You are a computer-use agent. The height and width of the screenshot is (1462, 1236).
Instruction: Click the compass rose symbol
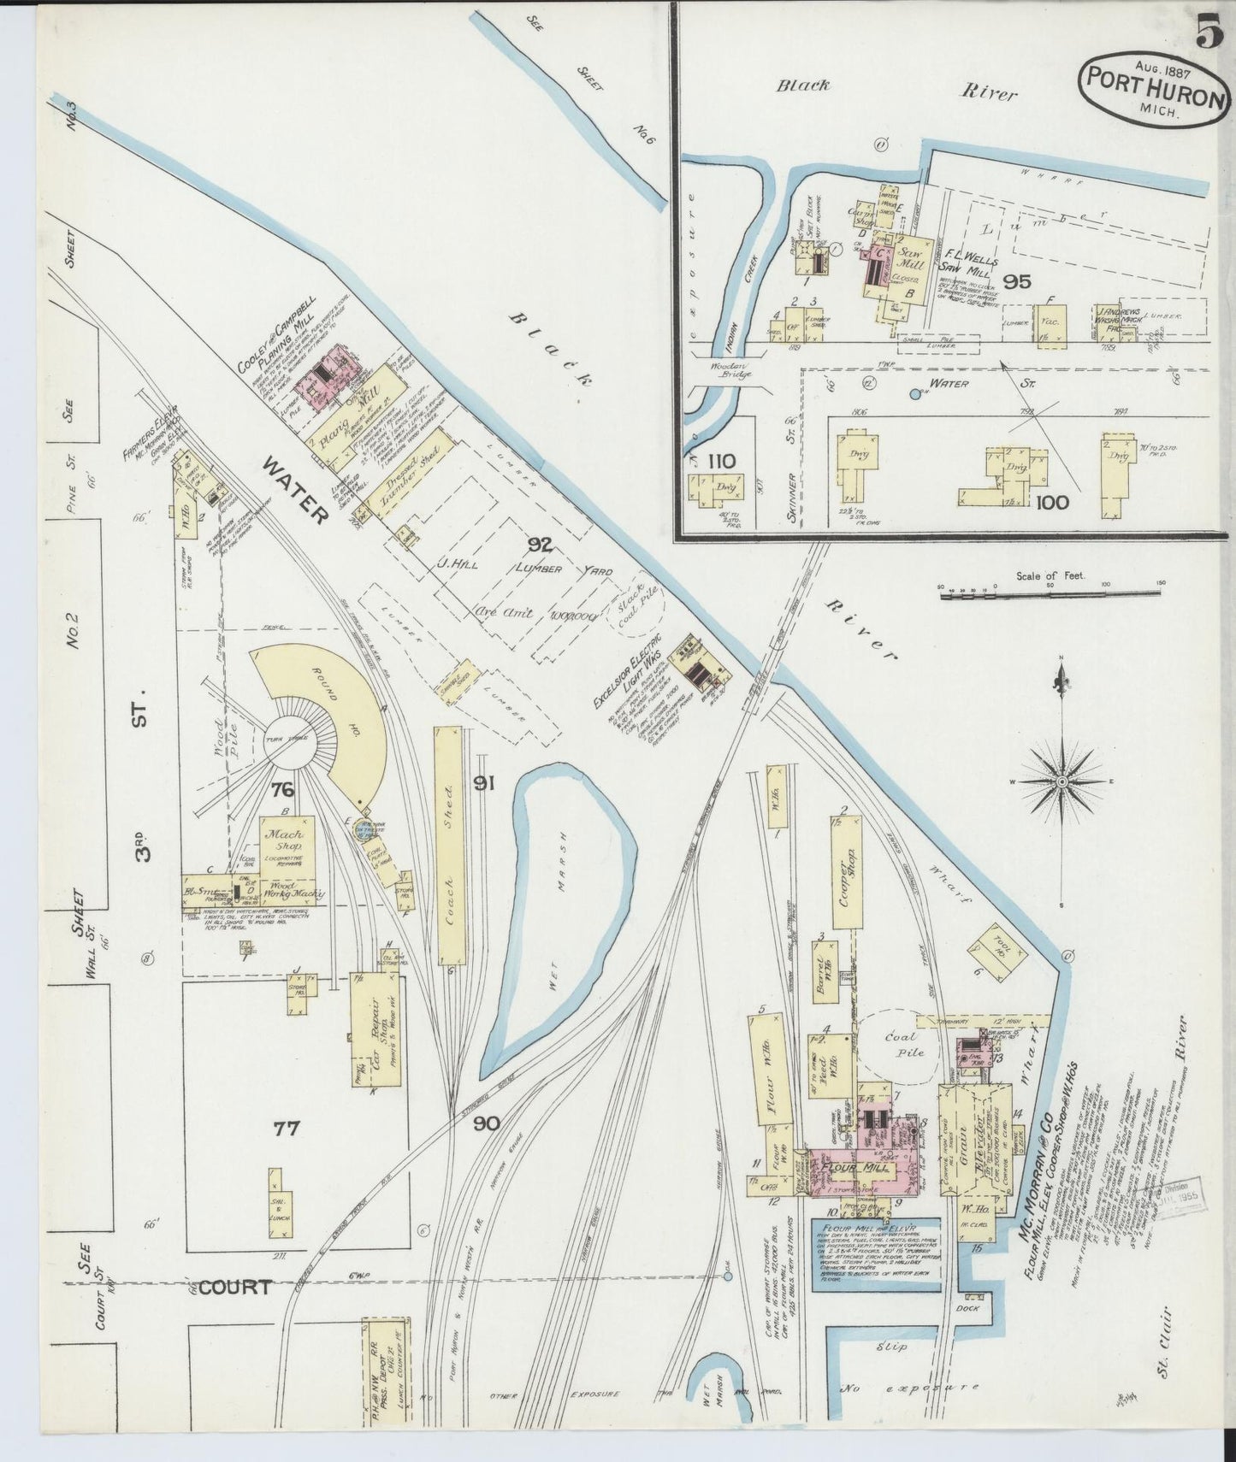[1062, 781]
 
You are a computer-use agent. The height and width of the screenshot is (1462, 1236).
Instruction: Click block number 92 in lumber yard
[540, 543]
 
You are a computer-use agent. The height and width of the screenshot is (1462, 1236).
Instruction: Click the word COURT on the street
[235, 1287]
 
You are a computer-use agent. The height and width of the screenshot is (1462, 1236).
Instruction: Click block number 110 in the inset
[720, 461]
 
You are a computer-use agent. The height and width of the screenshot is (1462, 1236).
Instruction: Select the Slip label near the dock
[896, 1347]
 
